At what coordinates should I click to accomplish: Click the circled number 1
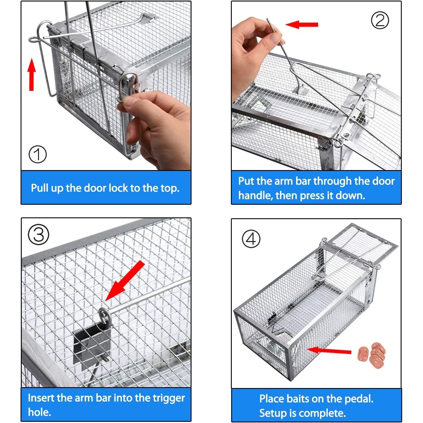pyautogui.click(x=38, y=154)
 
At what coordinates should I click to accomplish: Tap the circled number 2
pyautogui.click(x=380, y=20)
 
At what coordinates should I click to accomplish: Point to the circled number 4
pyautogui.click(x=251, y=239)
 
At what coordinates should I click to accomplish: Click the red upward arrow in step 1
pyautogui.click(x=32, y=74)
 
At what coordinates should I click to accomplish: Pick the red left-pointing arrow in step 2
pyautogui.click(x=302, y=24)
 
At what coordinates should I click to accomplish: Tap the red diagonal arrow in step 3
pyautogui.click(x=125, y=281)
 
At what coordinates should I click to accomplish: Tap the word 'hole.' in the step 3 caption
pyautogui.click(x=40, y=412)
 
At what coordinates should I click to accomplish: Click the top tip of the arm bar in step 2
pyautogui.click(x=267, y=19)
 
